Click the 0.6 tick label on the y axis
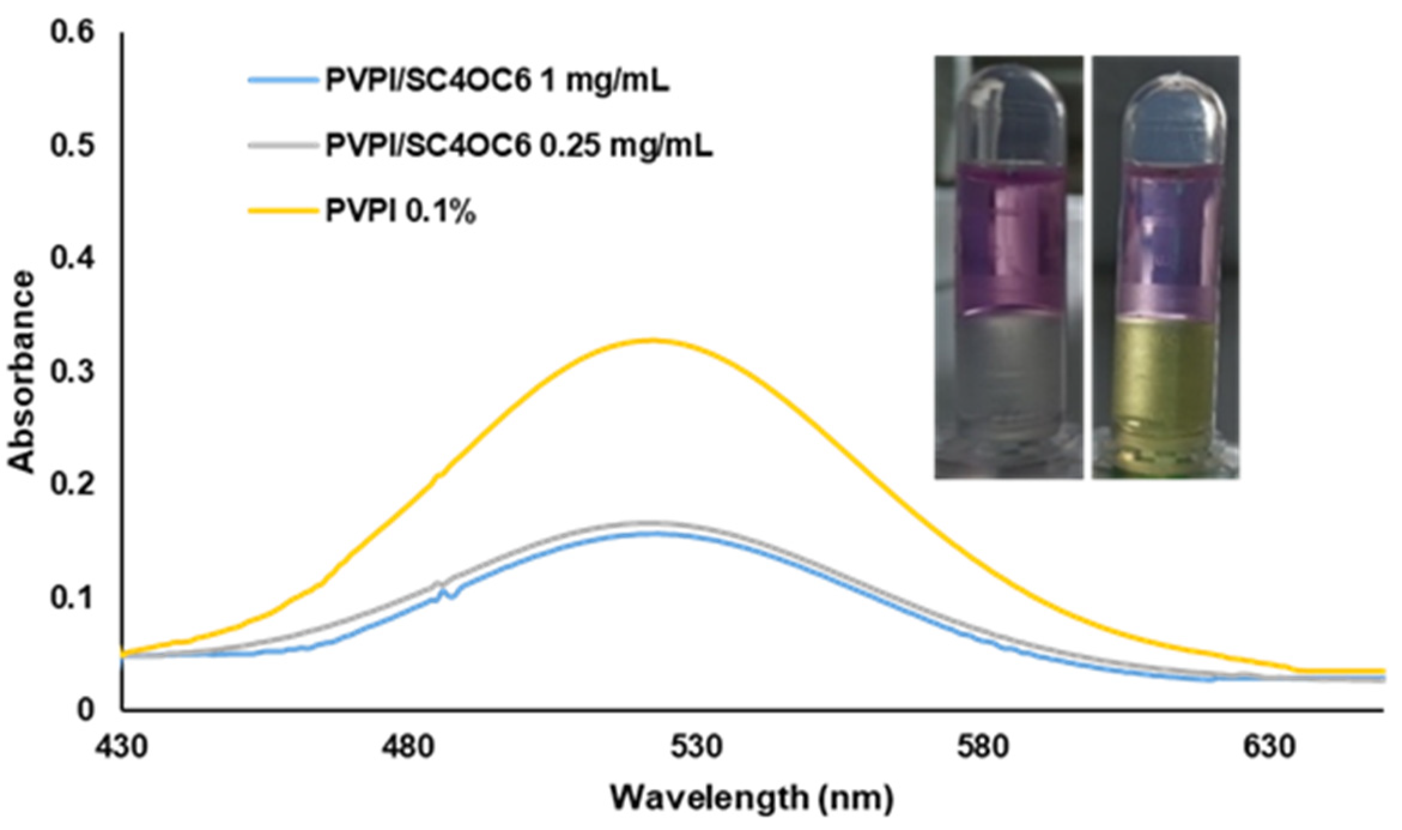pyautogui.click(x=72, y=32)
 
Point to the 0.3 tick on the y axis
pyautogui.click(x=72, y=371)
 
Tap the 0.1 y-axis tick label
pyautogui.click(x=72, y=598)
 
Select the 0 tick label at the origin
pyautogui.click(x=85, y=710)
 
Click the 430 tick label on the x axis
pyautogui.click(x=122, y=747)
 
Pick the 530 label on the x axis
pyautogui.click(x=696, y=747)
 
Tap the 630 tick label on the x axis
pyautogui.click(x=1270, y=747)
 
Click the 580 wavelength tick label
pyautogui.click(x=982, y=747)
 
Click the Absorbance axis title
pyautogui.click(x=22, y=371)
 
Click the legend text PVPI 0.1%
pyautogui.click(x=400, y=211)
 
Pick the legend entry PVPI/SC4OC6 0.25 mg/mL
pyautogui.click(x=518, y=146)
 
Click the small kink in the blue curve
pyautogui.click(x=446, y=593)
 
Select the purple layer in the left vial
pyautogui.click(x=1009, y=240)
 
